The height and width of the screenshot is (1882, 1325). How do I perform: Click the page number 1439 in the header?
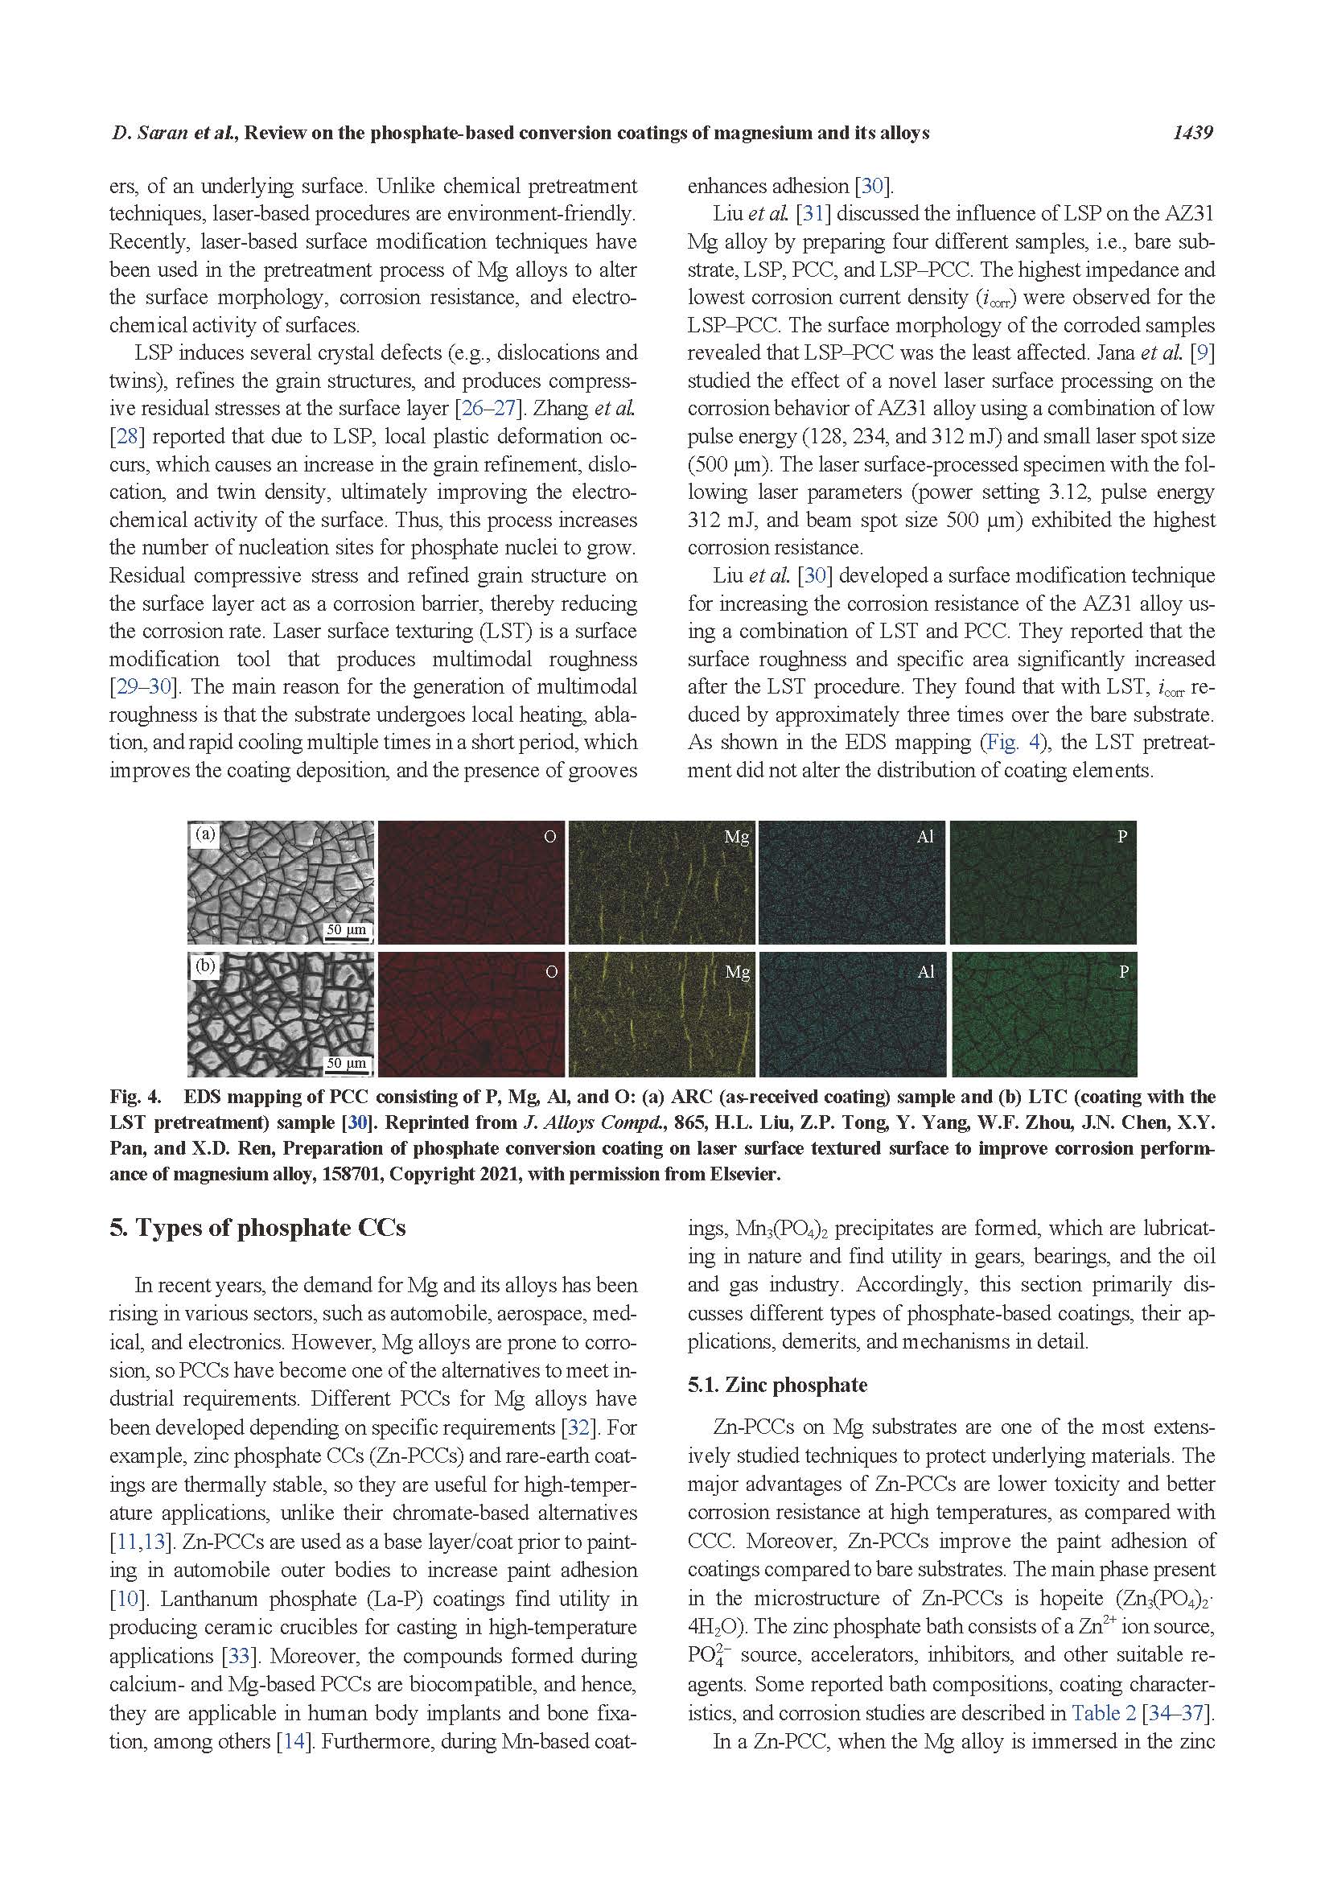click(1191, 133)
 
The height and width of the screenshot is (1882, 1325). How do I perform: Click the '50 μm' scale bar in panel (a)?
click(347, 930)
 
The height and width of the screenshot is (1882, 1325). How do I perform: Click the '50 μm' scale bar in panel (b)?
click(347, 1063)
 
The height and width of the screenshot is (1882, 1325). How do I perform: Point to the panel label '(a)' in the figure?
click(204, 834)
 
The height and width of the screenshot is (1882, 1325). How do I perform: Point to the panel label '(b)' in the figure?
click(204, 966)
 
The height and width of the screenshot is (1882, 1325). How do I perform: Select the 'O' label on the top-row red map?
click(549, 836)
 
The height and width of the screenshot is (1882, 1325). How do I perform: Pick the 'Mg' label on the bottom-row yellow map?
click(738, 972)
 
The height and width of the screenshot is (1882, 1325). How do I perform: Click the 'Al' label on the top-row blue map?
click(925, 836)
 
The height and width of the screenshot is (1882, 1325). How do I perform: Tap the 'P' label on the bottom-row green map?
click(1123, 972)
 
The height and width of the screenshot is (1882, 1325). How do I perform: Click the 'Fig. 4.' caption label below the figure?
click(135, 1097)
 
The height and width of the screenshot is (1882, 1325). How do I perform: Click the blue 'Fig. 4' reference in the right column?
click(1007, 743)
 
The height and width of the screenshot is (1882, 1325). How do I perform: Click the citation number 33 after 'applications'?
click(237, 1656)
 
